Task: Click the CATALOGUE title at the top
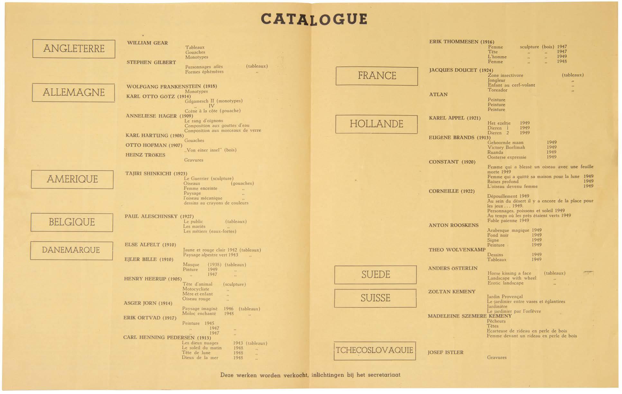314,19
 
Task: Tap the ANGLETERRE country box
74,49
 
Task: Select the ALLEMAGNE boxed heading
73,93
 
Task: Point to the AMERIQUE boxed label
72,179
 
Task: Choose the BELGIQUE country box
72,222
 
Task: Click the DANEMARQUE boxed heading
71,250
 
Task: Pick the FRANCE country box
377,76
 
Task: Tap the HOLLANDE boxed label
376,124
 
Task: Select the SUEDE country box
376,275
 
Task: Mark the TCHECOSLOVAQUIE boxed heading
375,351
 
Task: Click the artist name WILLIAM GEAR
147,43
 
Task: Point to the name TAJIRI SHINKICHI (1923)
156,174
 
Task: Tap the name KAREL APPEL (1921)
455,118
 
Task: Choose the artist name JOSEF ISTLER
445,353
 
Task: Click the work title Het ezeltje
499,123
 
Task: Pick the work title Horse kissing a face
509,273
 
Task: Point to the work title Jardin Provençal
505,297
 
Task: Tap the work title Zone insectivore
505,76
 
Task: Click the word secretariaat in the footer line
384,375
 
